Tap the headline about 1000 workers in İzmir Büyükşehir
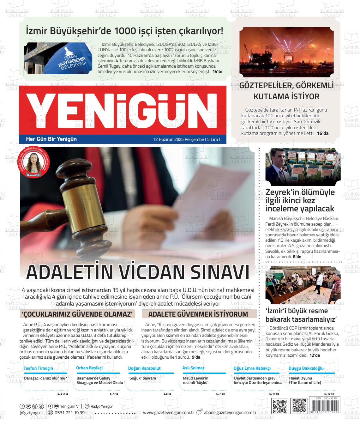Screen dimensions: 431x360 point(125,31)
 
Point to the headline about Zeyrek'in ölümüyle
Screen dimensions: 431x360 point(300,200)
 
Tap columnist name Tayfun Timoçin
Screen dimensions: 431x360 point(38,368)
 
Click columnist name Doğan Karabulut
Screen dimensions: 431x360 point(144,368)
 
